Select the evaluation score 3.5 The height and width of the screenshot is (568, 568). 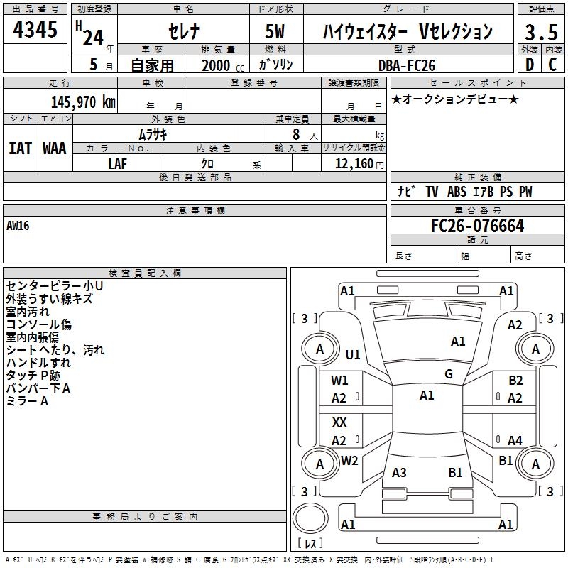[x=541, y=32]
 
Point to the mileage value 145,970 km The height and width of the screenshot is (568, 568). [x=83, y=102]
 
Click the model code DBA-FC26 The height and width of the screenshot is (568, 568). [x=407, y=65]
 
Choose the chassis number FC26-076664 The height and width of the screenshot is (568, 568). [x=477, y=226]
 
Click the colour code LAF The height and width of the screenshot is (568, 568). [x=118, y=163]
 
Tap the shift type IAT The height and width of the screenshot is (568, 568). [x=21, y=148]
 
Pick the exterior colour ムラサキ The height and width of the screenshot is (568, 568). [x=153, y=133]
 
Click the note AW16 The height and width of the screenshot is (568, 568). [x=18, y=226]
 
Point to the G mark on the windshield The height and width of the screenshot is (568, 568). [x=449, y=374]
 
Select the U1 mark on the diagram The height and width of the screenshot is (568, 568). [x=353, y=354]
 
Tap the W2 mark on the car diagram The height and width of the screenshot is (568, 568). [x=349, y=461]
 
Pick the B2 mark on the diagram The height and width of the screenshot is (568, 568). [x=515, y=381]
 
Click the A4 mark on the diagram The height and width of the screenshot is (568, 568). [x=515, y=441]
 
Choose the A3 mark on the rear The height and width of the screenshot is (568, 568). [x=399, y=472]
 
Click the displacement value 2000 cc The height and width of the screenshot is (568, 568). [x=220, y=65]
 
